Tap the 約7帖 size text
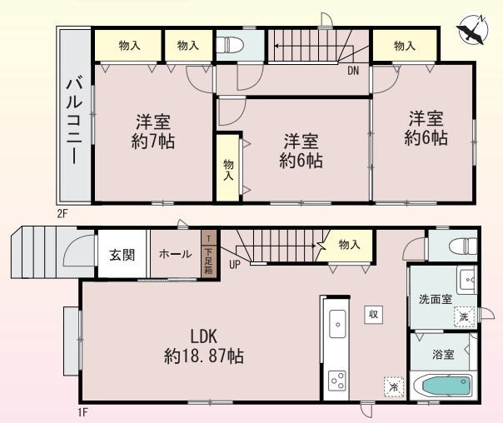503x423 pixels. [x=152, y=142]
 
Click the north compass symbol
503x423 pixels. [x=471, y=32]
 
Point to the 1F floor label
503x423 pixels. [x=82, y=411]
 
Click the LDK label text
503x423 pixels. [x=203, y=337]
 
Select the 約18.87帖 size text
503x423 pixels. [x=203, y=356]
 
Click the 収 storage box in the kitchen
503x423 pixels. [x=374, y=314]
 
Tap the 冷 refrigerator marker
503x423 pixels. [x=392, y=386]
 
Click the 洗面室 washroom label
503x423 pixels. [x=435, y=301]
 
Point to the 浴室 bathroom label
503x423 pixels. [x=443, y=355]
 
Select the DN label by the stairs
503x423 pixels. [x=353, y=71]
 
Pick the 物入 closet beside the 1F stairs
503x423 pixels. [x=350, y=245]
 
